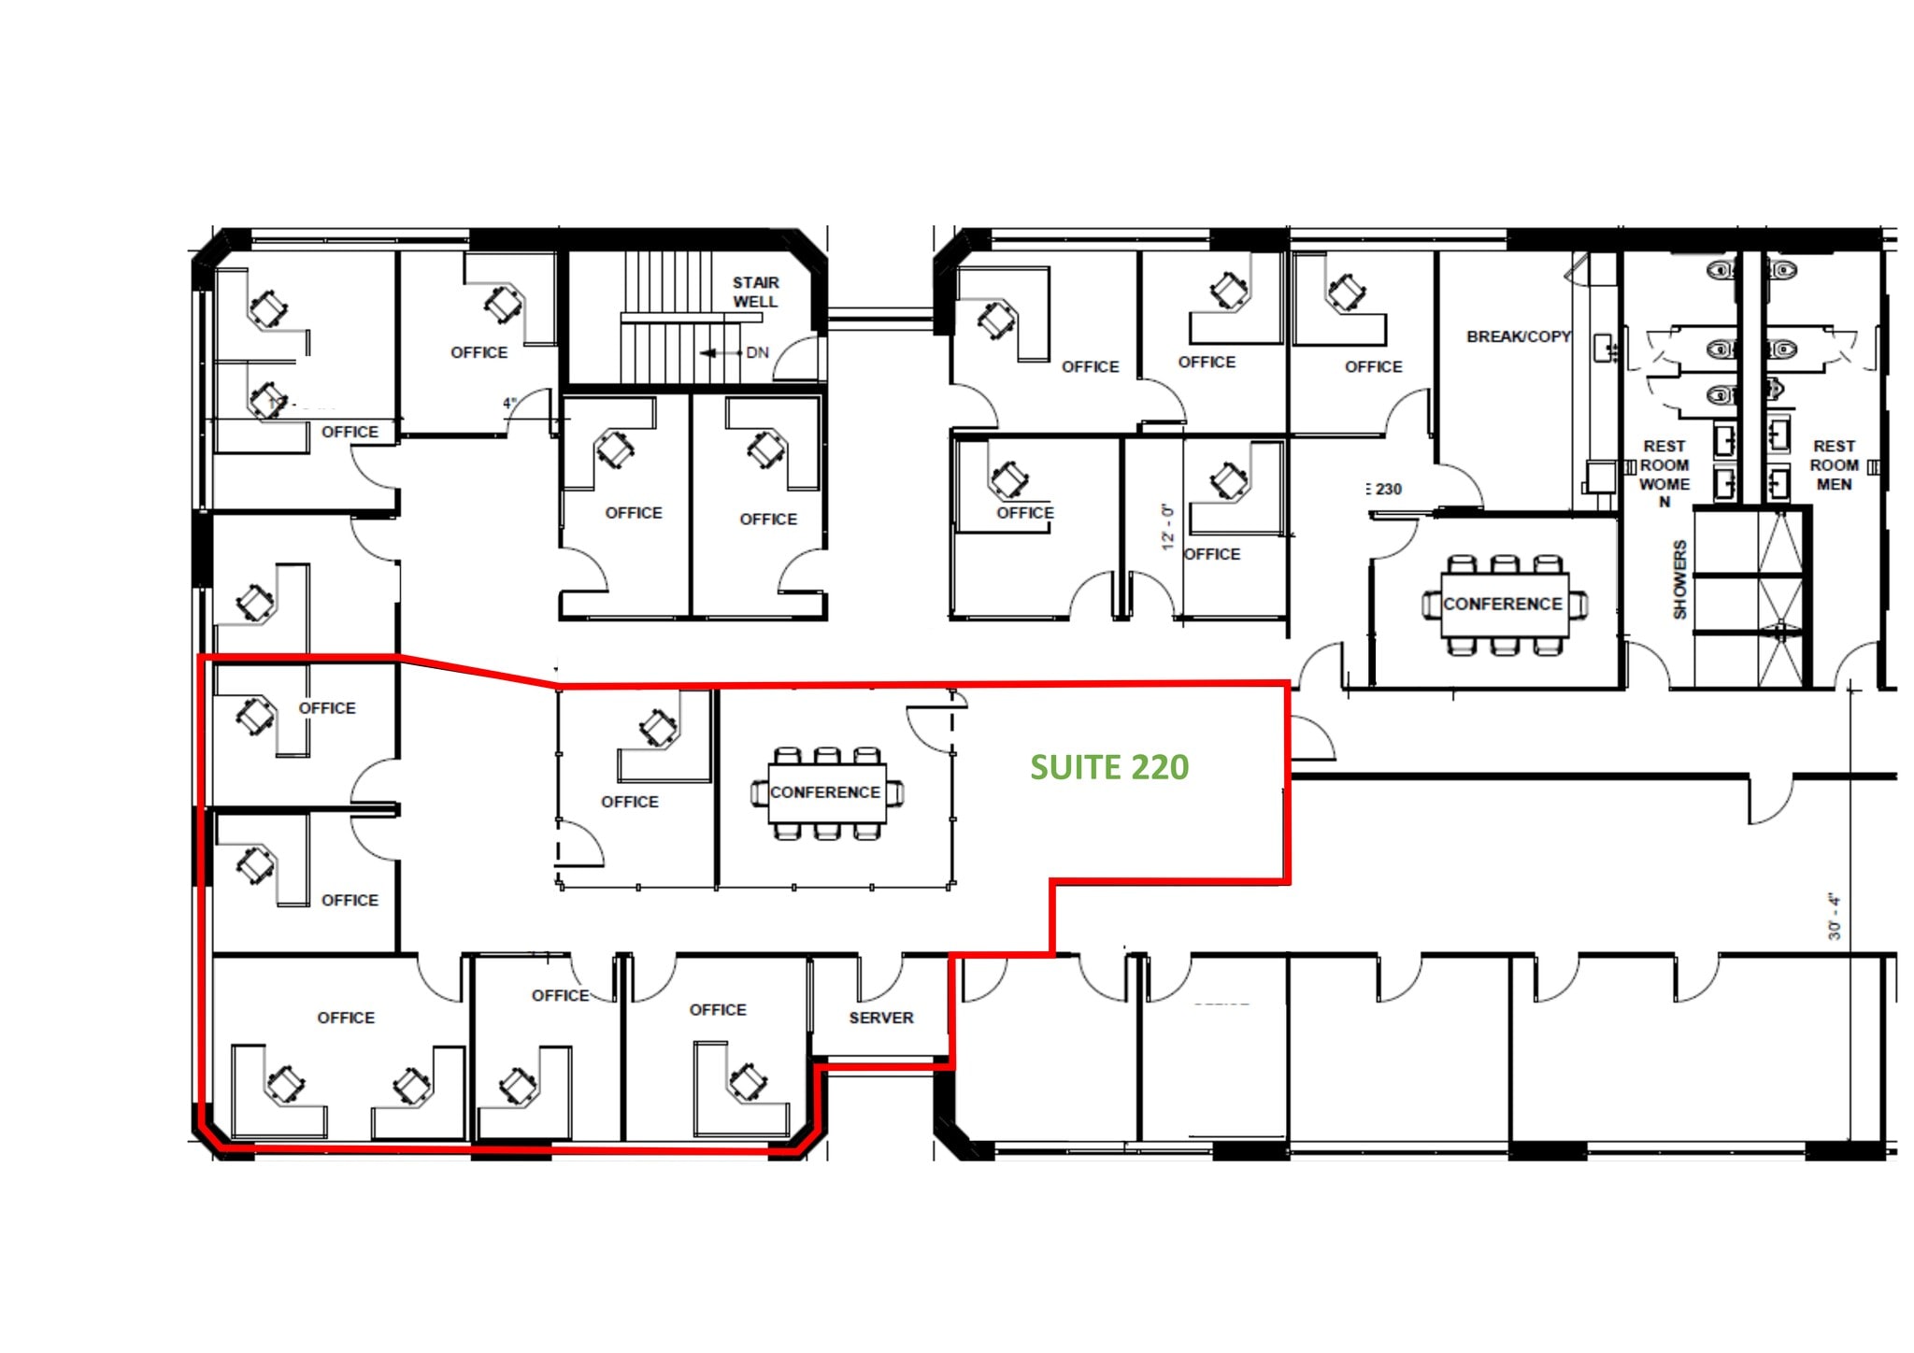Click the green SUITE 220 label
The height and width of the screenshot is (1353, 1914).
[1109, 767]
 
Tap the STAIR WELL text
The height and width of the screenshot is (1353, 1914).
[755, 292]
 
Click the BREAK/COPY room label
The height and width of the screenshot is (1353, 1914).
[1518, 336]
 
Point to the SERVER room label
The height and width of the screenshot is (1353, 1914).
[880, 1018]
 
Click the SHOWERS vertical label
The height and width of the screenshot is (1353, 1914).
[1679, 579]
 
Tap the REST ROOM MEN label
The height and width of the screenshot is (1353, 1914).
[1834, 465]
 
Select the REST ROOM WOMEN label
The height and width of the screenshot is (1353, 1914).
[1664, 473]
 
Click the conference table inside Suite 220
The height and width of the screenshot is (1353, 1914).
[826, 793]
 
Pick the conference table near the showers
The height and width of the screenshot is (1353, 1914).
[1503, 605]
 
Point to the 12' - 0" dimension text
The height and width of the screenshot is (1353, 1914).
[1166, 527]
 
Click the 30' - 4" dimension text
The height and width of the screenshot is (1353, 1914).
[1834, 917]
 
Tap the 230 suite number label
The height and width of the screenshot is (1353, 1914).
[1387, 489]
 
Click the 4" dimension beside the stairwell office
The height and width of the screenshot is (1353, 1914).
[509, 404]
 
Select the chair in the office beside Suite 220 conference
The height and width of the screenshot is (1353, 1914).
[658, 728]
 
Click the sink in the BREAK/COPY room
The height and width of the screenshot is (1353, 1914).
[1604, 349]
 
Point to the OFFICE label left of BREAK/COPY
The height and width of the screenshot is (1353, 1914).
[1373, 367]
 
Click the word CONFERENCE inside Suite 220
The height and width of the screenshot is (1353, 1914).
[824, 792]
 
